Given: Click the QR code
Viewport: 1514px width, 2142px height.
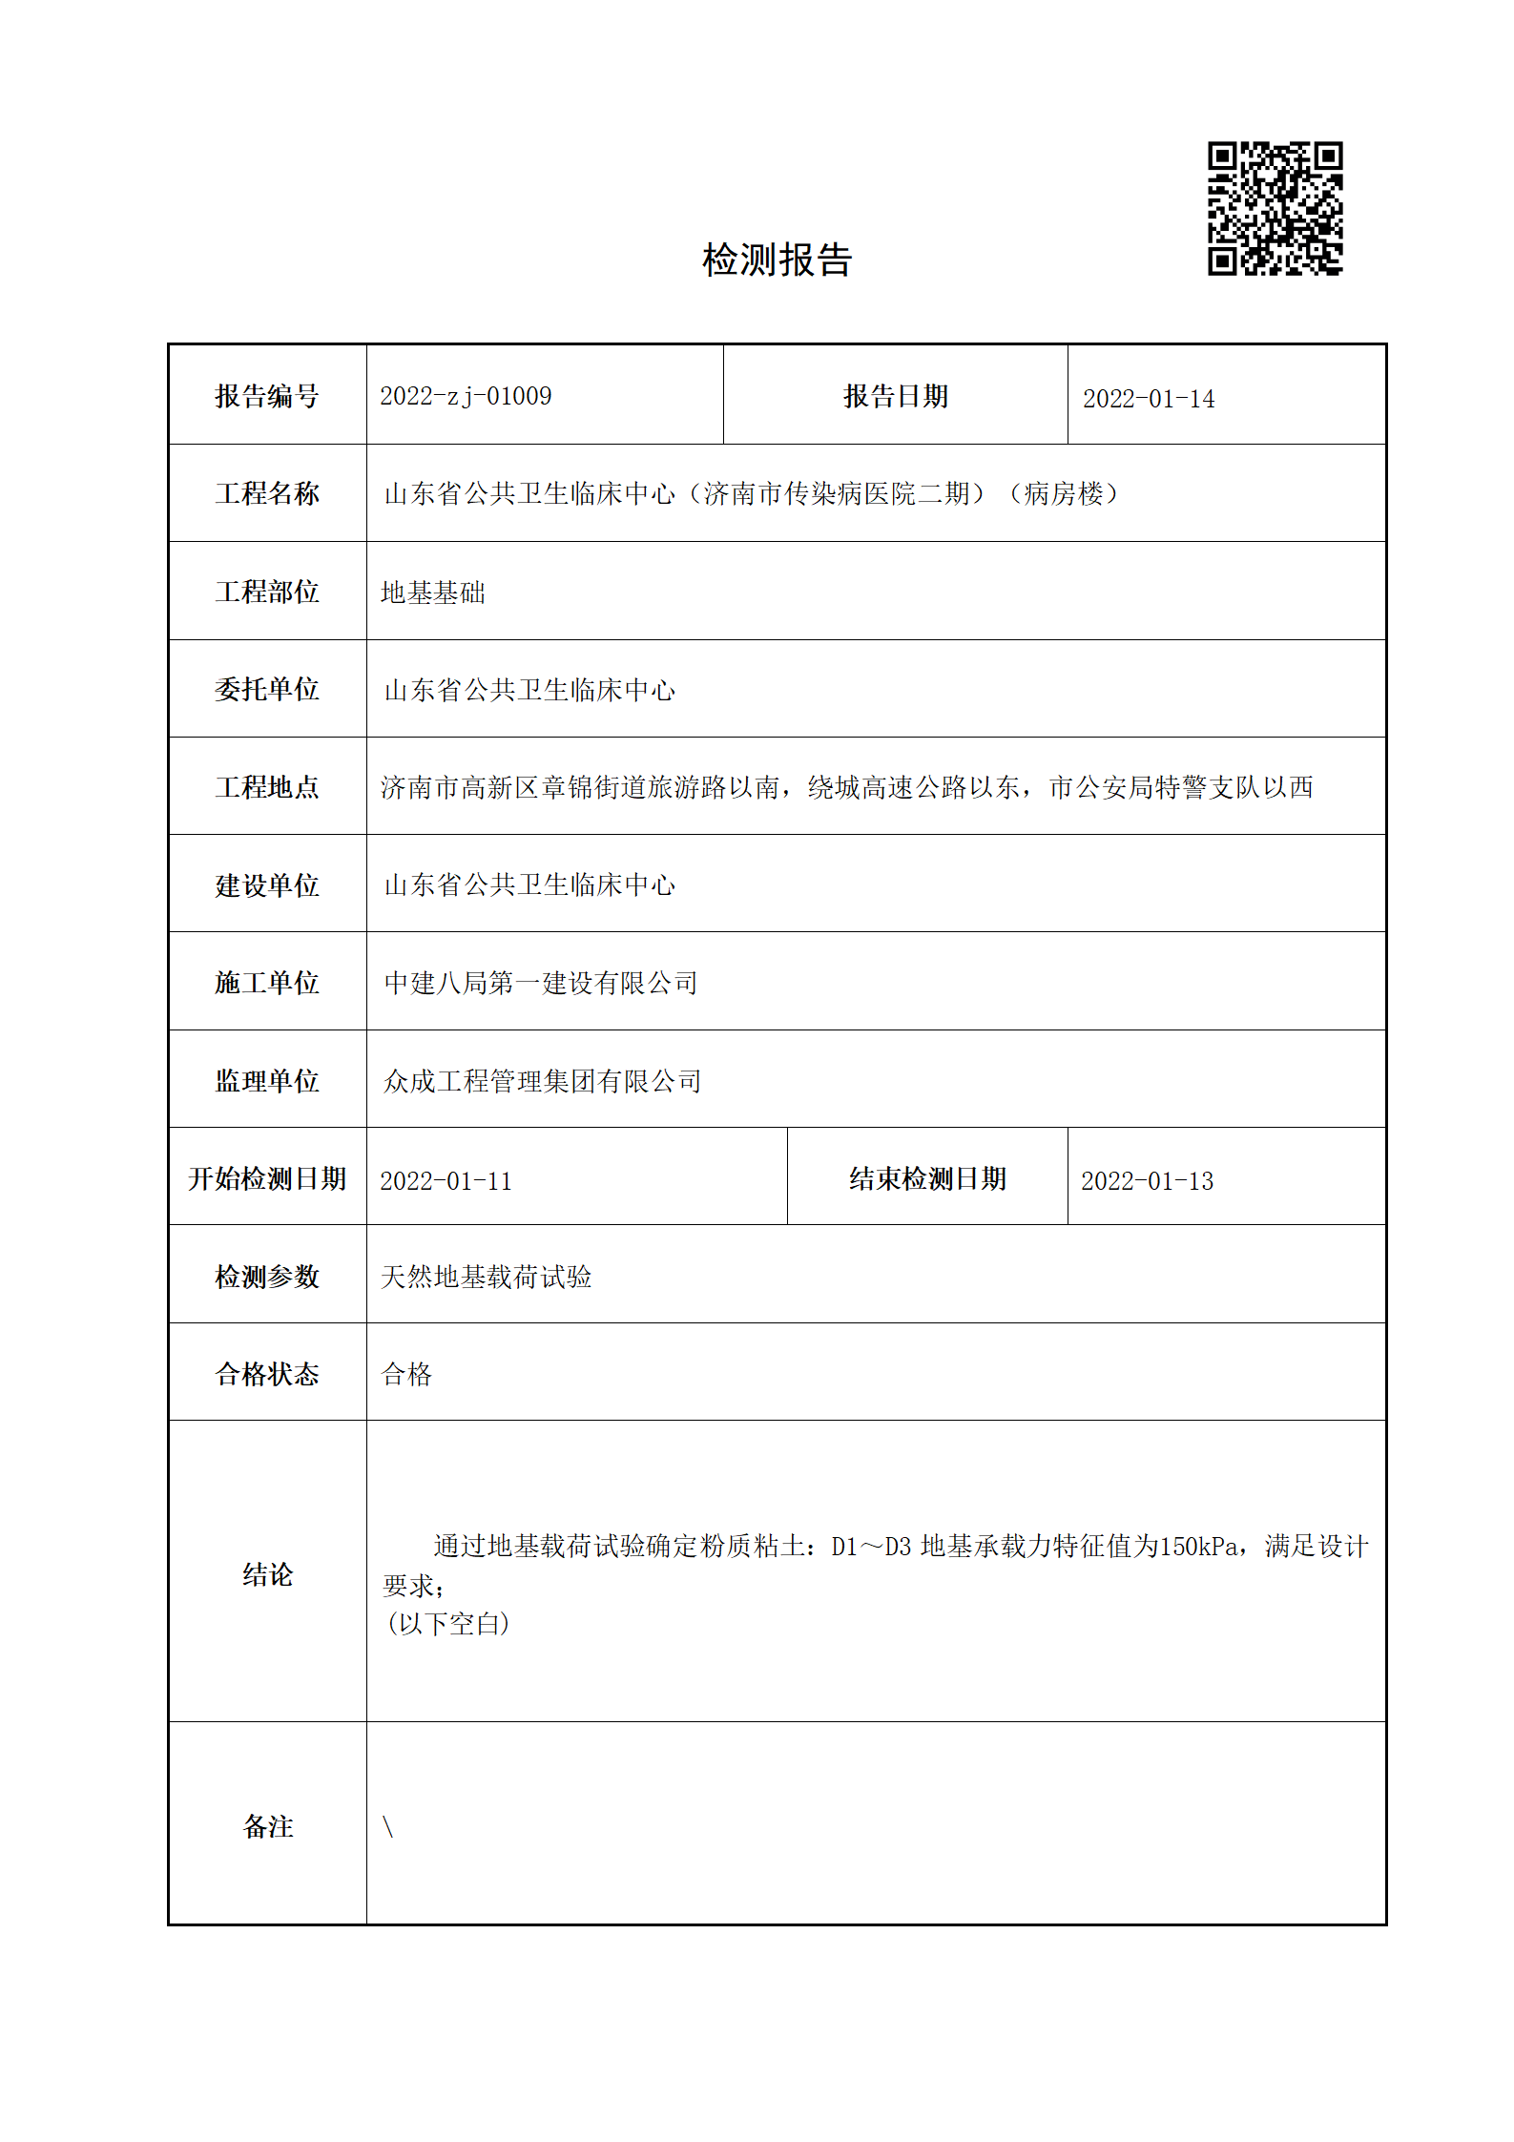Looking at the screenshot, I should [x=1275, y=209].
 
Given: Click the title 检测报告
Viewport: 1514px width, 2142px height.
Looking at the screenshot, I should [x=777, y=260].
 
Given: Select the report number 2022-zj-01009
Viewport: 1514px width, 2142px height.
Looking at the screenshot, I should [x=466, y=396].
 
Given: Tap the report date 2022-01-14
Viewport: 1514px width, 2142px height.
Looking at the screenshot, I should [x=1148, y=399].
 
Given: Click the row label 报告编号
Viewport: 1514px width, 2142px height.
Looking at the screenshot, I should [x=267, y=396].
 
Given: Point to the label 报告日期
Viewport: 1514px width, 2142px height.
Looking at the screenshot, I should [x=895, y=396].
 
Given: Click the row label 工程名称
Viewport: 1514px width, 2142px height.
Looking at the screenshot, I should [x=267, y=493].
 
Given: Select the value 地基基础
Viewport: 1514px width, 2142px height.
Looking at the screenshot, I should [x=433, y=593].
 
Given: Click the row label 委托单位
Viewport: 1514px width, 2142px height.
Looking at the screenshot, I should [x=267, y=689].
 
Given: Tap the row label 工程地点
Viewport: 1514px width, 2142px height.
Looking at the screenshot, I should [x=267, y=787].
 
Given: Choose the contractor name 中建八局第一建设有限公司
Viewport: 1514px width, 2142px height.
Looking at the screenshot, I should [x=541, y=983].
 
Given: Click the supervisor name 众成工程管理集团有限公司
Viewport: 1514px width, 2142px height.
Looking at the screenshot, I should [x=542, y=1081].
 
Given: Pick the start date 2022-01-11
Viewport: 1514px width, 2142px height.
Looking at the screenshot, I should [x=446, y=1181].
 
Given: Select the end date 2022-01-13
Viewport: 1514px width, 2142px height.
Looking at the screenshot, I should [x=1147, y=1181].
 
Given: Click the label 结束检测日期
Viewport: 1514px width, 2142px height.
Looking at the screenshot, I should [x=927, y=1178].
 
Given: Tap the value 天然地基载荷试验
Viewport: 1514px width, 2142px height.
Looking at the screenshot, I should [x=487, y=1277].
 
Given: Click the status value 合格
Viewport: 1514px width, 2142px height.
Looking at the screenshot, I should [x=407, y=1374].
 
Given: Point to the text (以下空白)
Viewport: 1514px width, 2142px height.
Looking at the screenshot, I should [x=447, y=1623].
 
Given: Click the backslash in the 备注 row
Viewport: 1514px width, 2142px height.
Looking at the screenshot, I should [x=388, y=1826].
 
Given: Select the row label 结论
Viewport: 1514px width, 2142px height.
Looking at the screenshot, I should [x=267, y=1574].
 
